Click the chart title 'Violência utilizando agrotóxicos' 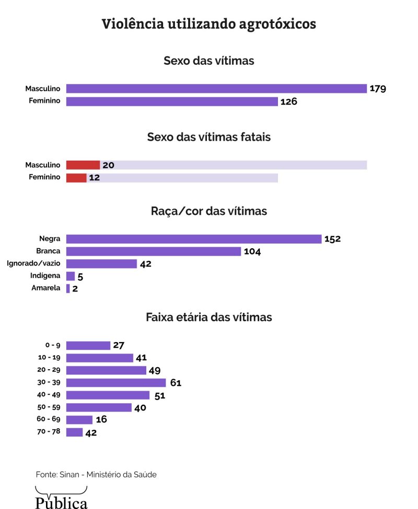click(x=208, y=24)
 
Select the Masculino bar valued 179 click(x=216, y=89)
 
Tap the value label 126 click(x=288, y=102)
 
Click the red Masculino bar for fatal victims click(x=83, y=165)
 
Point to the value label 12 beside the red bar click(x=94, y=178)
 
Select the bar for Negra click(x=193, y=239)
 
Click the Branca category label click(x=50, y=251)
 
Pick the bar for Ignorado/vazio click(x=101, y=264)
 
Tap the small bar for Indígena click(x=71, y=276)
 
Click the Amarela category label click(x=46, y=288)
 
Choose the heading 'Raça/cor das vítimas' click(x=208, y=211)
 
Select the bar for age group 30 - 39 click(x=115, y=383)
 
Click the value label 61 click(x=176, y=383)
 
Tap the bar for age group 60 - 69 click(x=79, y=420)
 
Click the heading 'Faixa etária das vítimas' click(x=208, y=317)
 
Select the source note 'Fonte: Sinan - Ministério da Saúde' click(x=96, y=475)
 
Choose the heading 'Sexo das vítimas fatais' click(x=208, y=137)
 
